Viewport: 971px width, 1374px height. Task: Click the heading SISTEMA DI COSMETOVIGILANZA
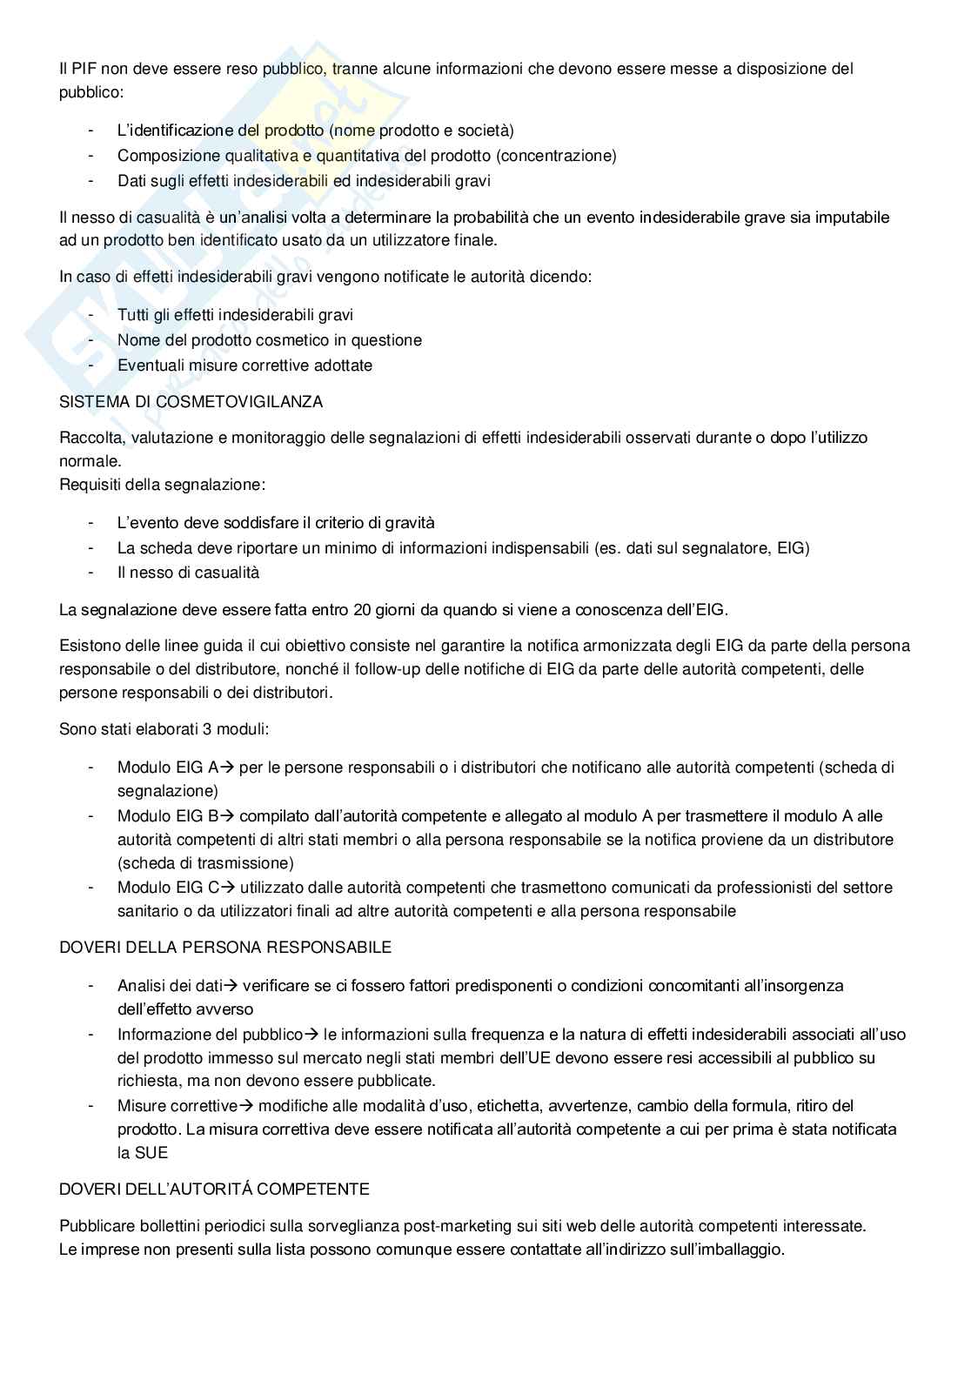pos(191,402)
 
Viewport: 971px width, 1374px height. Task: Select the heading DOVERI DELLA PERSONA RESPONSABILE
pos(224,947)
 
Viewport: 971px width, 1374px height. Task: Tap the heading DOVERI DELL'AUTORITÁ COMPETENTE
pos(214,1189)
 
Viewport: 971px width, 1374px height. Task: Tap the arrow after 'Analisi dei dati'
pos(231,986)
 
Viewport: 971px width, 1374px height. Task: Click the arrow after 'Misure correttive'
pos(245,1106)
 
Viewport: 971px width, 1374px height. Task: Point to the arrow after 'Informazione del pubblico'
pos(311,1035)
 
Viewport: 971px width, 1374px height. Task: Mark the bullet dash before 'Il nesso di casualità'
pos(90,573)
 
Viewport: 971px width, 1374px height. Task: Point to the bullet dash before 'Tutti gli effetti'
pos(90,315)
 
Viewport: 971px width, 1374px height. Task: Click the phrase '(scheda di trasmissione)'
pos(205,863)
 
